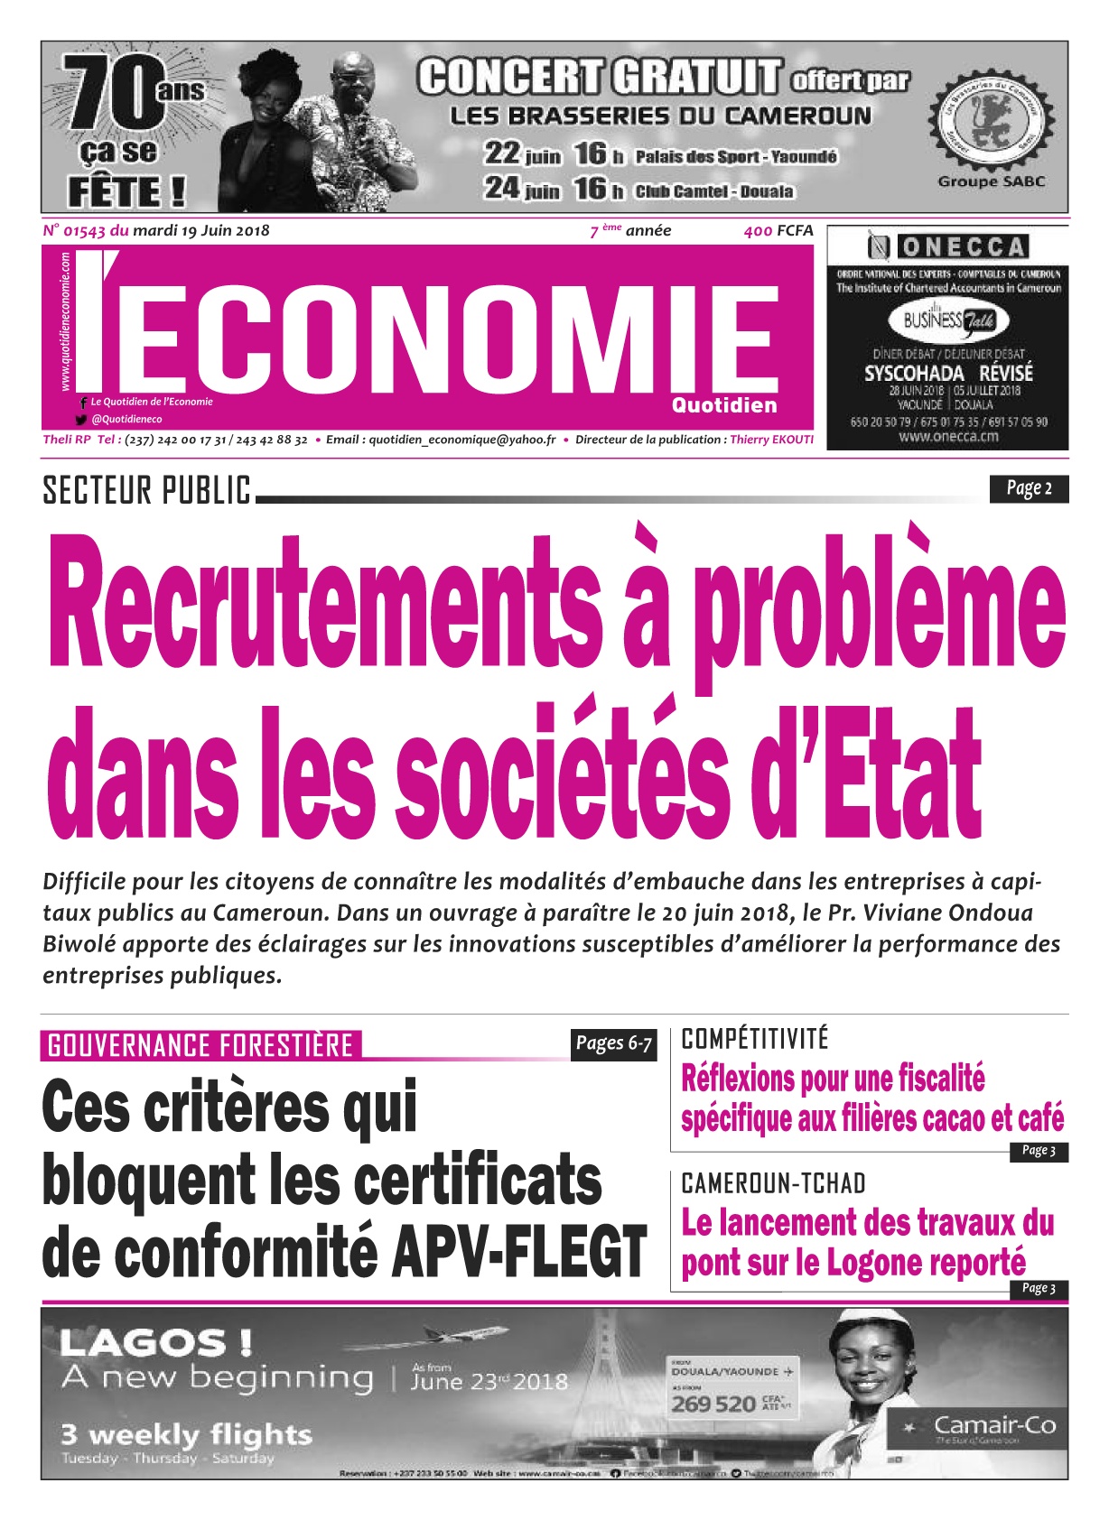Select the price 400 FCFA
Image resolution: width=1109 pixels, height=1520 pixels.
tap(778, 230)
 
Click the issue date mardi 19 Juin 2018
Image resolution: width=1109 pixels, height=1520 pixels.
tap(200, 230)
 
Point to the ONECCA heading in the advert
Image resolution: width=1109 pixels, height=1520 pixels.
tap(963, 246)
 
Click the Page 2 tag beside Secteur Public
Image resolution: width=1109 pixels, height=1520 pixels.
tap(1029, 488)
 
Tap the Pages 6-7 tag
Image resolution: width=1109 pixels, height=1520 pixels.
tap(613, 1043)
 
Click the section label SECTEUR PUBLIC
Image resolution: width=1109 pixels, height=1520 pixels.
tap(146, 490)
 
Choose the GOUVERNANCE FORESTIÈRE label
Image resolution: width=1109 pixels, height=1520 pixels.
tap(200, 1045)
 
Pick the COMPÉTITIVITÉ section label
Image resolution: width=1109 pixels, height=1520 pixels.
tap(754, 1039)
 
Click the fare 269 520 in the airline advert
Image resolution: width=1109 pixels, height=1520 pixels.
tap(713, 1404)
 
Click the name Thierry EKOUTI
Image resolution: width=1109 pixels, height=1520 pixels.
tap(771, 440)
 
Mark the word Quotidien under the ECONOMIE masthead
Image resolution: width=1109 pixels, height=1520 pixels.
tap(724, 405)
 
